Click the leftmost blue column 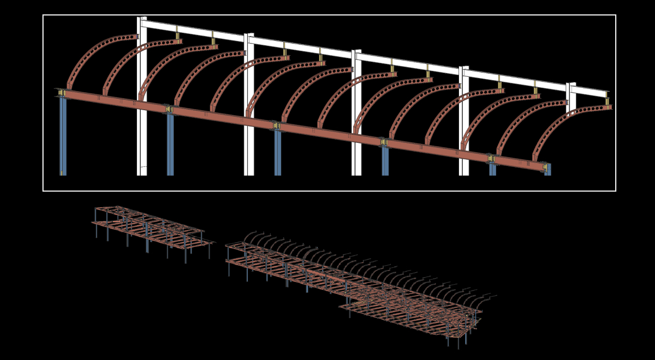point(63,136)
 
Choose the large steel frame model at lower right point(355,284)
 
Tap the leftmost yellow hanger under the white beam point(177,36)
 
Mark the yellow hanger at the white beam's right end point(607,101)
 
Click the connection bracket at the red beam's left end point(62,93)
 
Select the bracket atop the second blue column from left point(169,110)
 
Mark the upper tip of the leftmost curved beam point(135,37)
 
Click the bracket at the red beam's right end point(544,167)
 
